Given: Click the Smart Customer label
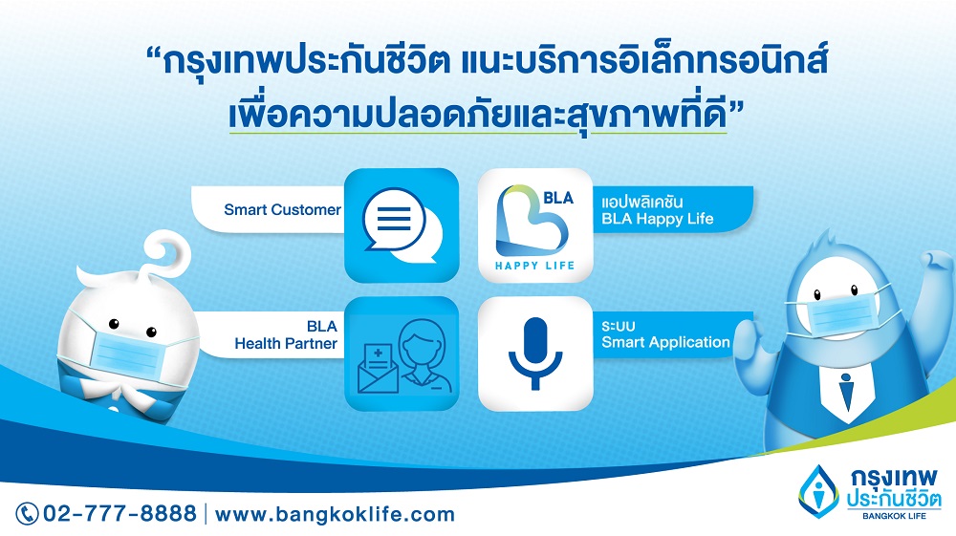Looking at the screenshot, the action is pyautogui.click(x=282, y=209).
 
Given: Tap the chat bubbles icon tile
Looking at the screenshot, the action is pyautogui.click(x=402, y=225).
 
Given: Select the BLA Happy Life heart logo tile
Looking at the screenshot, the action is pyautogui.click(x=535, y=225).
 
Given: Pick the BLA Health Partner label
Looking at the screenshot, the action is pyautogui.click(x=286, y=335).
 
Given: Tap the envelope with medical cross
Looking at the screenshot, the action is pyautogui.click(x=378, y=368).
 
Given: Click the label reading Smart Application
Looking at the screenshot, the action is pyautogui.click(x=665, y=342).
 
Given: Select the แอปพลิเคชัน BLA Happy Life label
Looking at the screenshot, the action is pyautogui.click(x=658, y=210).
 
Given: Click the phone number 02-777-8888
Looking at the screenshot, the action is pyautogui.click(x=119, y=513).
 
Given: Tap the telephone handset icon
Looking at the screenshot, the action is pyautogui.click(x=27, y=513).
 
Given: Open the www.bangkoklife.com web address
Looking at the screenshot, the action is pyautogui.click(x=335, y=514).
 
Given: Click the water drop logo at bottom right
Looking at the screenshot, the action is pyautogui.click(x=819, y=491).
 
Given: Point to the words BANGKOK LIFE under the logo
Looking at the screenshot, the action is pyautogui.click(x=894, y=516).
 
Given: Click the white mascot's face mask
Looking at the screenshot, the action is pyautogui.click(x=125, y=351).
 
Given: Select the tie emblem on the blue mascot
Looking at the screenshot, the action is pyautogui.click(x=845, y=393).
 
